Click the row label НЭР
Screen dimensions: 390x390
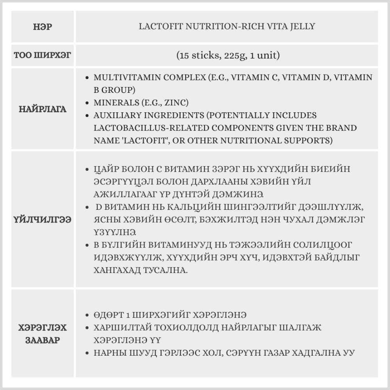tap(43, 27)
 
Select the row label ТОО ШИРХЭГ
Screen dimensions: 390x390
tap(43, 55)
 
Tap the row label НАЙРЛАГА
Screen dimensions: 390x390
tap(43, 109)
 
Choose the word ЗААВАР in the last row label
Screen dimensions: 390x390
tap(43, 340)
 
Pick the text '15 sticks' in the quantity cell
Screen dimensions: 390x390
tap(197, 55)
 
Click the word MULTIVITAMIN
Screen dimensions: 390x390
tap(124, 77)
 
